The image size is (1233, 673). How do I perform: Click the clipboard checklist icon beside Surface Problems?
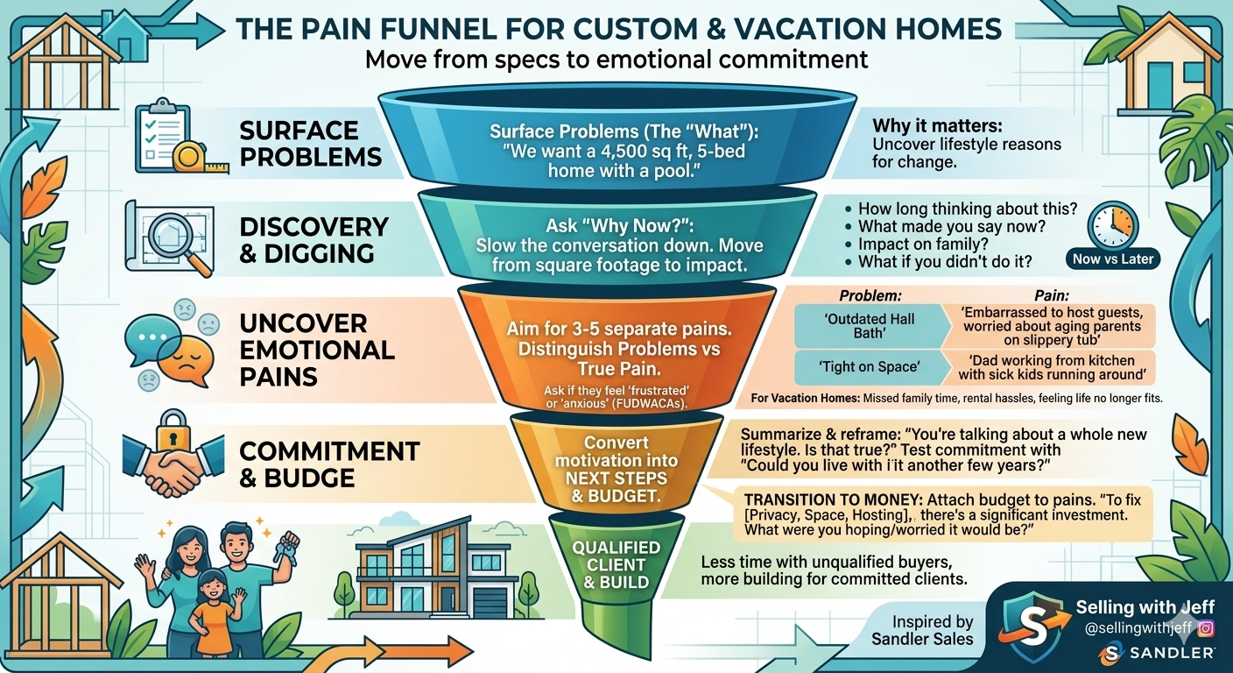click(x=162, y=135)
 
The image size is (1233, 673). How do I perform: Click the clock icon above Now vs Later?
click(x=1112, y=225)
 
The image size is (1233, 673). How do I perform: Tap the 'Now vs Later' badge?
click(x=1113, y=259)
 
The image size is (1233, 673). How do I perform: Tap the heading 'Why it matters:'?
click(x=937, y=125)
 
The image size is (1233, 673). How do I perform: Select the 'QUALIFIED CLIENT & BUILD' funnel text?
click(x=616, y=564)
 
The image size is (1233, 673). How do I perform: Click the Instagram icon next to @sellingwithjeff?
click(x=1206, y=627)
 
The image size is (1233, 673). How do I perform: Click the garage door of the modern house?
click(x=489, y=602)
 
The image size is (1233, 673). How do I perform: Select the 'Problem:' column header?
click(x=870, y=295)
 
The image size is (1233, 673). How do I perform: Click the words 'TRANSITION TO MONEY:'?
click(x=834, y=500)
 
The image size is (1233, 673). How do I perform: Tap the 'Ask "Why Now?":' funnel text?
click(x=619, y=226)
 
